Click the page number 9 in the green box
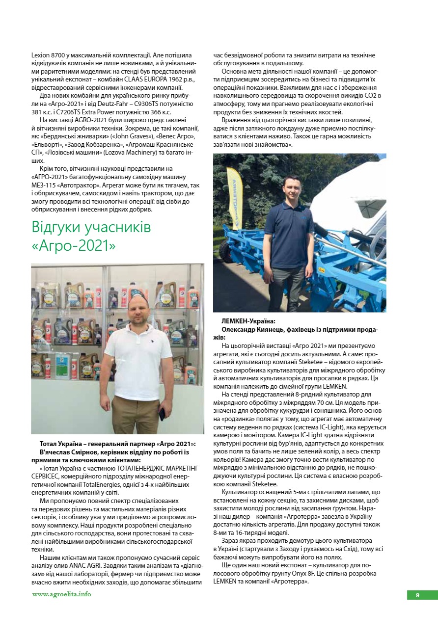pos(417,595)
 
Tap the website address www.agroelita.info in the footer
pos(61,594)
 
